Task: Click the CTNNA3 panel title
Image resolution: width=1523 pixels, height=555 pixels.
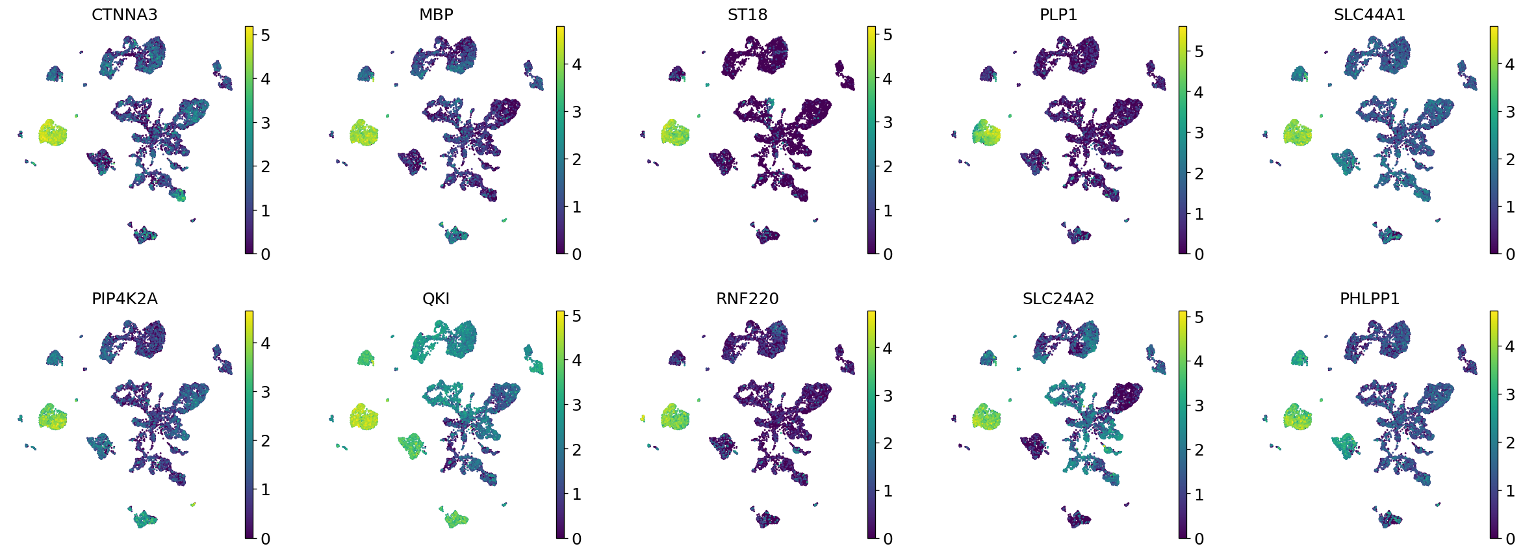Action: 124,15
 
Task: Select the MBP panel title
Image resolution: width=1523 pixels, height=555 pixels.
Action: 436,15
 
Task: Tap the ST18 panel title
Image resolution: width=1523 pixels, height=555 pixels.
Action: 747,15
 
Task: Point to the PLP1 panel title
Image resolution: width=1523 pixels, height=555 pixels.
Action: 1058,15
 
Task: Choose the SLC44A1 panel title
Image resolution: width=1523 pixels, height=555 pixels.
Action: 1369,15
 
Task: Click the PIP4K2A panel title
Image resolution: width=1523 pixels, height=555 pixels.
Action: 124,299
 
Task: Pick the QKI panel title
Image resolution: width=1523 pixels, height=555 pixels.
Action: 436,299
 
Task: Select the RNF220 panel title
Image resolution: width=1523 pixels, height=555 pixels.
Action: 747,299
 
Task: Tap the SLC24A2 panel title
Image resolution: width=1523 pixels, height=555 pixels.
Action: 1058,299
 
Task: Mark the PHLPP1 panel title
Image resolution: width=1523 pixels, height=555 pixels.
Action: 1369,299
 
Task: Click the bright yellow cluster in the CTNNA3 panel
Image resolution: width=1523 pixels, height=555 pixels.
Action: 53,133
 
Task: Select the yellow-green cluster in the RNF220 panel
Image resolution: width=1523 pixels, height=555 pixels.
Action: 676,417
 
